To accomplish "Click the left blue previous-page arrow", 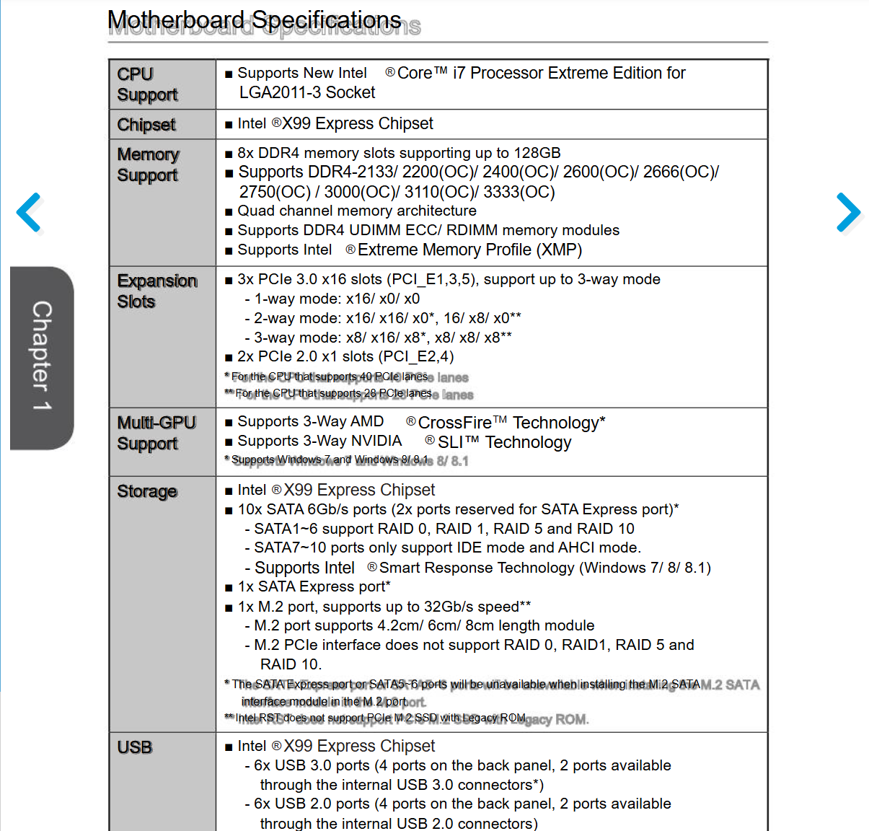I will point(29,212).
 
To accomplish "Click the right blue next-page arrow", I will point(849,212).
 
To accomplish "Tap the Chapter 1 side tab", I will point(42,357).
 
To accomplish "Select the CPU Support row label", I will point(147,84).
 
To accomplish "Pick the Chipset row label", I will point(146,125).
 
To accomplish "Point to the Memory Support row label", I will point(148,164).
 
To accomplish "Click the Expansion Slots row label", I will point(156,291).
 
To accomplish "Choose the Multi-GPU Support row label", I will point(156,433).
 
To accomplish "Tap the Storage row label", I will point(147,491).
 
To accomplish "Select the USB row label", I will point(135,747).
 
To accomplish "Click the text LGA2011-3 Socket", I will point(307,92).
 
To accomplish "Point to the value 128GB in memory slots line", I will point(537,153).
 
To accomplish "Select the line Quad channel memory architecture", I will point(357,211).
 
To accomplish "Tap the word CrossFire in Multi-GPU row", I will point(454,423).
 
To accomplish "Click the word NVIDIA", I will point(376,441).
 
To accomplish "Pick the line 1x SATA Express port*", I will point(314,586).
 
